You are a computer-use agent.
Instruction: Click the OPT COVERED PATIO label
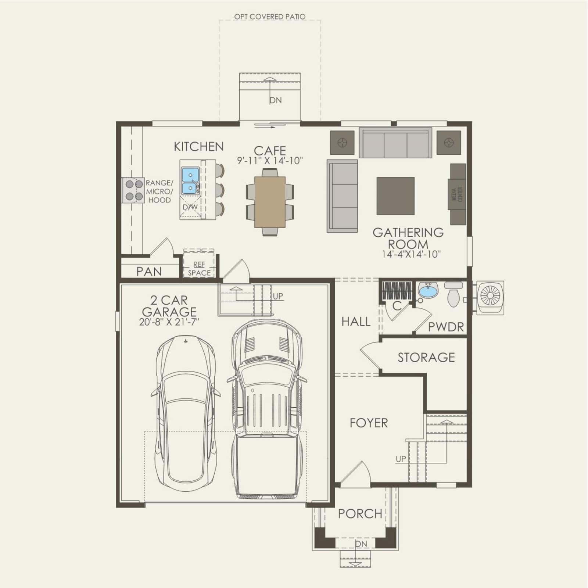coord(270,17)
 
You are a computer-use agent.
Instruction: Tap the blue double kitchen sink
coord(190,180)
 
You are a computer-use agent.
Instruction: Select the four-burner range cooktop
coord(134,190)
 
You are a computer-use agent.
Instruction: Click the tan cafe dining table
coord(270,202)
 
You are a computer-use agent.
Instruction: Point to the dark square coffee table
coord(395,196)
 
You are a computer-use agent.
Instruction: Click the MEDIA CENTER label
coord(457,194)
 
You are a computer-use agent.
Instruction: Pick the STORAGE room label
coord(426,357)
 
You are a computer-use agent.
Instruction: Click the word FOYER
coord(369,423)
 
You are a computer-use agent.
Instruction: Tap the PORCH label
coord(360,513)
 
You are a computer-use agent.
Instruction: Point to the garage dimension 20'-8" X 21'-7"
coord(169,322)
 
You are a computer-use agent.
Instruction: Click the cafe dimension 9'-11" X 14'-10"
coord(270,161)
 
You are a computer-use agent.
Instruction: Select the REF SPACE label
coord(199,269)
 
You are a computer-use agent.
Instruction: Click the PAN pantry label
coord(149,272)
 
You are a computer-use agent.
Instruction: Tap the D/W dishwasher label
coord(190,207)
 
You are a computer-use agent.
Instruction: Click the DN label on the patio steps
coord(276,100)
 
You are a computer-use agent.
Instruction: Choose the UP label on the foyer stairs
coord(401,459)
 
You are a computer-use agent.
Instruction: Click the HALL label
coord(356,322)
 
